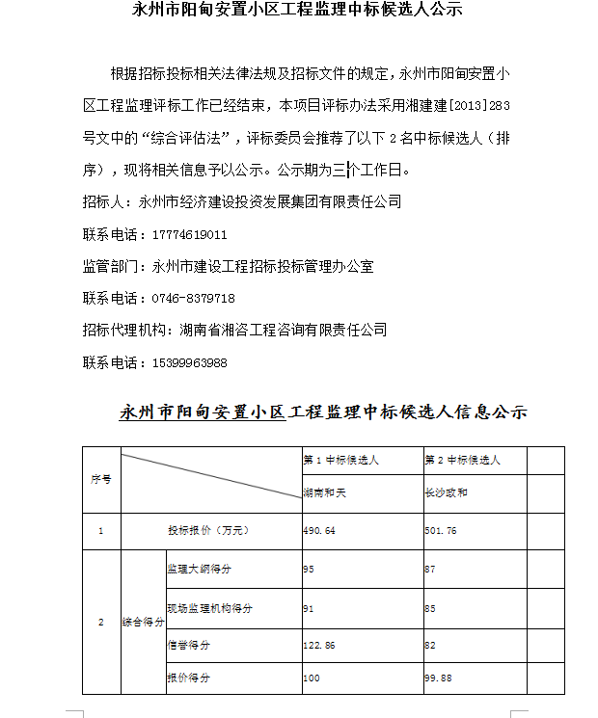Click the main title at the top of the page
pos(296,11)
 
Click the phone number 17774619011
pos(190,234)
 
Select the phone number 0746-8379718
pos(193,298)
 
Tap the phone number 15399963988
pos(190,362)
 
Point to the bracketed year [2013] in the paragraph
pos(460,105)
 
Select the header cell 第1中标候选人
pos(340,461)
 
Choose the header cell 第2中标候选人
pos(462,461)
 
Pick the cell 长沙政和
pos(447,492)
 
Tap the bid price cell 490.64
pos(319,531)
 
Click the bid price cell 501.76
pos(441,531)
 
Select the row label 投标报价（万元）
pos(208,531)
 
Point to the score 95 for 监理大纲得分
pos(309,570)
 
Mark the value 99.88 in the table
pos(438,678)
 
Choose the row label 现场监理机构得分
pos(209,609)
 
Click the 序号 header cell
pos(100,478)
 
